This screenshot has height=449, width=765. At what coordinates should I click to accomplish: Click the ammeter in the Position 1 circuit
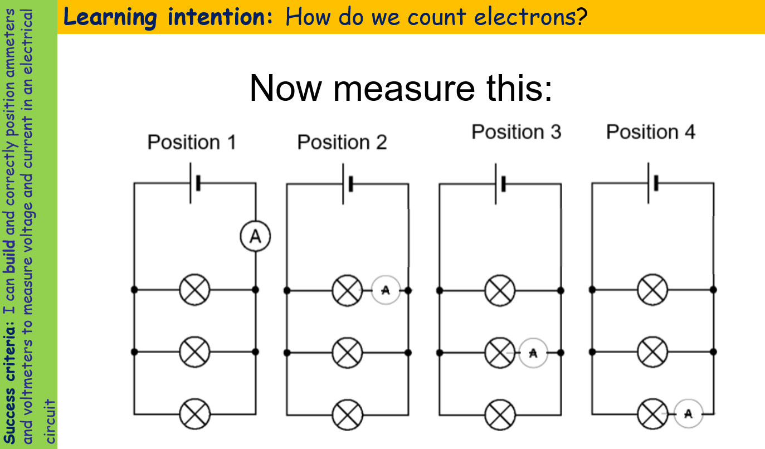(255, 237)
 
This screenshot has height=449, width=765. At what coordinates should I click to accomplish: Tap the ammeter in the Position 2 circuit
(386, 290)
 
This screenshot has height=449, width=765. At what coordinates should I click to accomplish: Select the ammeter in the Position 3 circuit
(533, 353)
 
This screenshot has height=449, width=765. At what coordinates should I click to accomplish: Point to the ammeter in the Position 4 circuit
(688, 413)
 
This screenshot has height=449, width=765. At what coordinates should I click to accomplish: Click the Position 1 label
(192, 143)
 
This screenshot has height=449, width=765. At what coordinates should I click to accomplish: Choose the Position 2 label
(342, 143)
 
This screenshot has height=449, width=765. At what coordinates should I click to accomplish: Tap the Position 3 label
(516, 132)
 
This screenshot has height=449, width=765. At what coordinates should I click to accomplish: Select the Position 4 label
(650, 132)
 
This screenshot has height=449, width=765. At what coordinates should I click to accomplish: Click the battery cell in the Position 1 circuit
(194, 183)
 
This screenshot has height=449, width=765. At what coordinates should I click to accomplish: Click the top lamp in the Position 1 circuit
(194, 290)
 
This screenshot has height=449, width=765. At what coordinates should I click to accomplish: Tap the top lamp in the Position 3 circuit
(500, 290)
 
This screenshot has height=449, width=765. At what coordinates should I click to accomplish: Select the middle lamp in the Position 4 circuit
(652, 352)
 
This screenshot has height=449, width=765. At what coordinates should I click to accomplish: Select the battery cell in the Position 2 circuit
(347, 183)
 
